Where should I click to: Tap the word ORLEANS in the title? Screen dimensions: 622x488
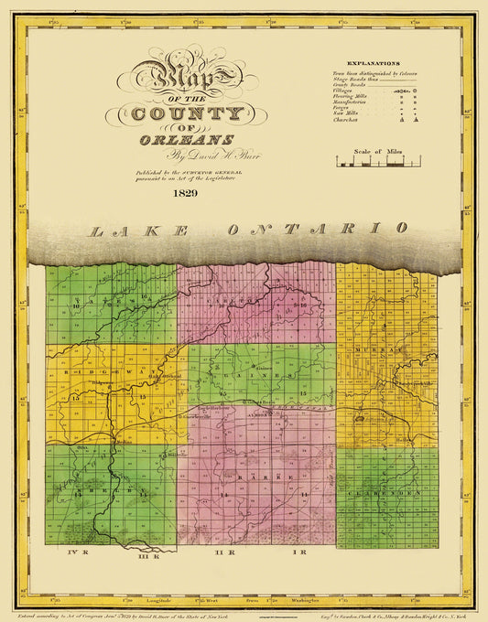point(187,139)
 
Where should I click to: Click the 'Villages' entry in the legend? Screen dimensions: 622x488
point(347,92)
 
